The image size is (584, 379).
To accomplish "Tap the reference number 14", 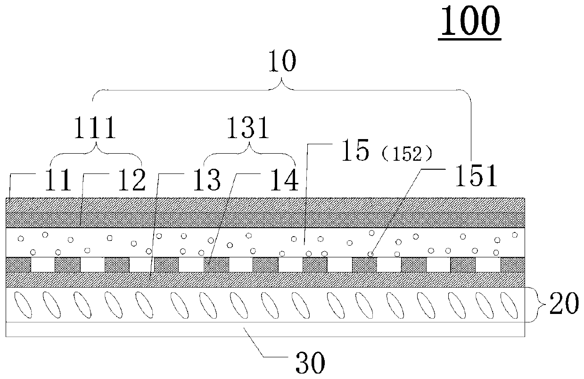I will click(284, 180).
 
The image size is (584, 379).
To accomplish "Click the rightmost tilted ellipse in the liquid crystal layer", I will click(509, 305).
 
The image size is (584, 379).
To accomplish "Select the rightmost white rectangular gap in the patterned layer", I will click(487, 264).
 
